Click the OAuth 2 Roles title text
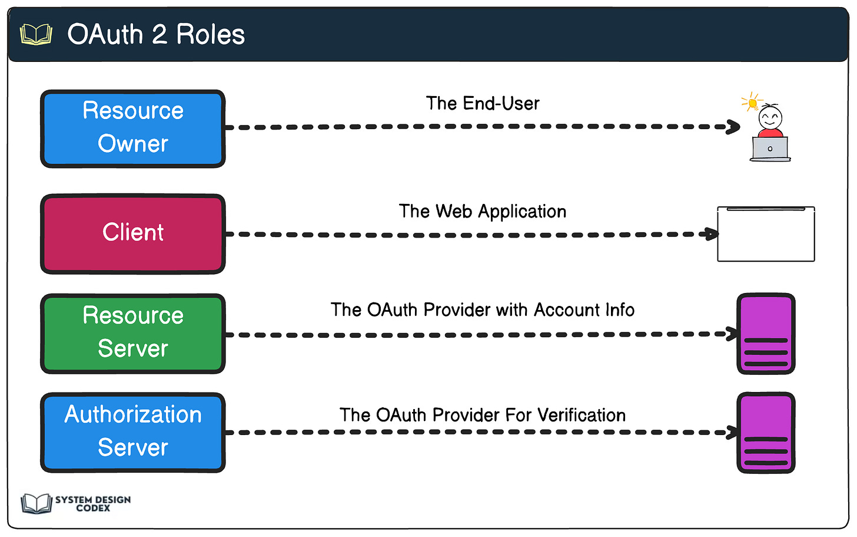click(x=156, y=34)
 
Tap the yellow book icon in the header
click(x=36, y=35)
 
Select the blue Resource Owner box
click(x=133, y=128)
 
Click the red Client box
click(x=133, y=233)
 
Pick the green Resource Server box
click(x=133, y=333)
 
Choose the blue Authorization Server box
click(x=133, y=432)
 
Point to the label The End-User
click(x=482, y=104)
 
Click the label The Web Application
click(x=482, y=212)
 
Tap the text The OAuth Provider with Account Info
click(x=482, y=310)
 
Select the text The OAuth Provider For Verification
click(x=482, y=415)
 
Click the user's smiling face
click(x=770, y=117)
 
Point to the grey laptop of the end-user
click(x=770, y=149)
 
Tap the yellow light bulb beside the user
click(x=752, y=103)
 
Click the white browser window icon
click(x=766, y=234)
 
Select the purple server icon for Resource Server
click(x=766, y=334)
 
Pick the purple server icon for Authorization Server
click(x=766, y=433)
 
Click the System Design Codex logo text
click(x=93, y=503)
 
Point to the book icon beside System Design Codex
click(x=36, y=503)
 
